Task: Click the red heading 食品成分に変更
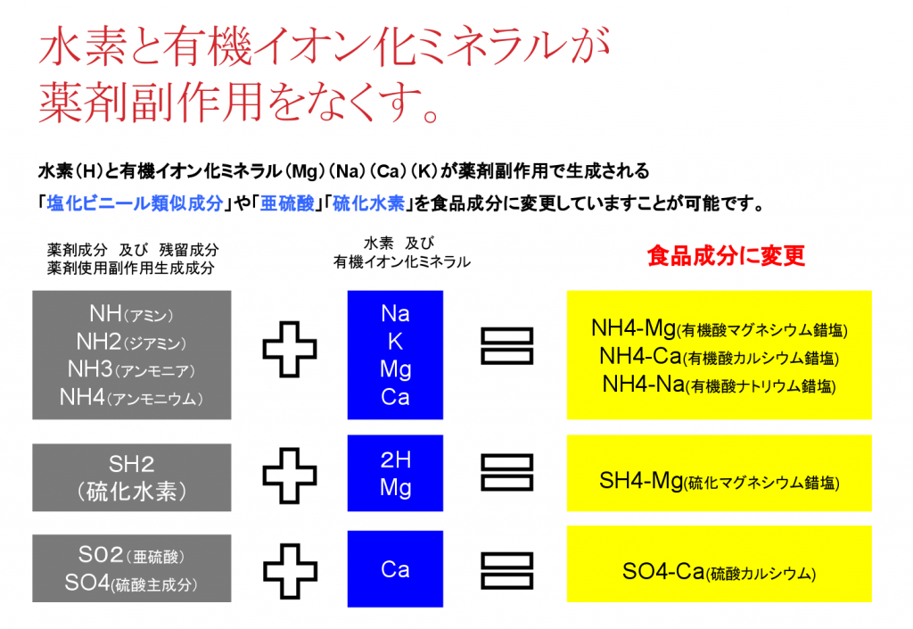[x=726, y=256]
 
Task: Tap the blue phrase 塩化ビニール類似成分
[x=136, y=203]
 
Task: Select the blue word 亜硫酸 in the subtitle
[x=287, y=203]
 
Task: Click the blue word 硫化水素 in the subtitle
[x=368, y=203]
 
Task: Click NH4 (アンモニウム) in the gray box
[x=131, y=398]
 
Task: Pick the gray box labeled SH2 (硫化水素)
[x=132, y=477]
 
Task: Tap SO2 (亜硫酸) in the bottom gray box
[x=131, y=555]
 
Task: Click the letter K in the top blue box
[x=395, y=342]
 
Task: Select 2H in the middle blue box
[x=395, y=460]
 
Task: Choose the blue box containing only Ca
[x=395, y=568]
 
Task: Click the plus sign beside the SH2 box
[x=290, y=476]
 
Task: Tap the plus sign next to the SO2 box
[x=290, y=571]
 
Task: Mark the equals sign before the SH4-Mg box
[x=506, y=472]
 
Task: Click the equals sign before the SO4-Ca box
[x=506, y=571]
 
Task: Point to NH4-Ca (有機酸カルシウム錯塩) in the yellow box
[x=720, y=357]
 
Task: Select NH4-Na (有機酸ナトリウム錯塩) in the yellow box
[x=720, y=385]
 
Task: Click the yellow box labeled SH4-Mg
[x=720, y=473]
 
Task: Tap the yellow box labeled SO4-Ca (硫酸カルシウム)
[x=720, y=564]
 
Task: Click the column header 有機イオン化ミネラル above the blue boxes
[x=402, y=262]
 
